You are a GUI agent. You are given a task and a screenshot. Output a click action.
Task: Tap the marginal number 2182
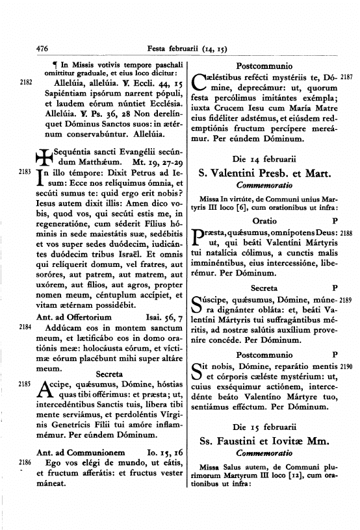point(26,82)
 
